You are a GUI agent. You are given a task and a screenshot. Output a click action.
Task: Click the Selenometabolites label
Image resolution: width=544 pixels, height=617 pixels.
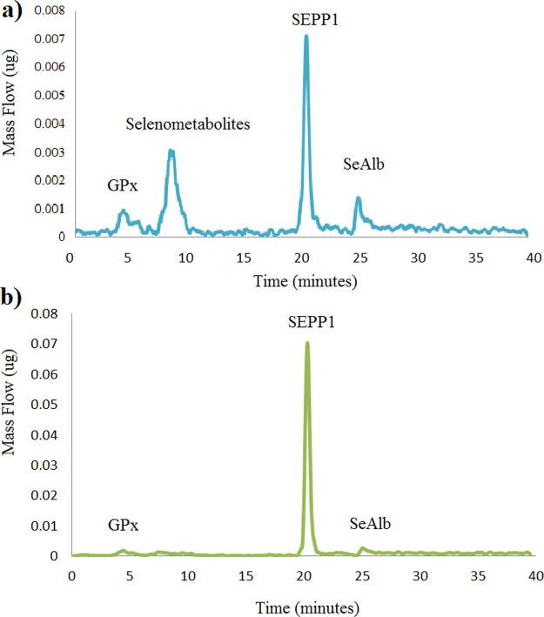click(x=187, y=124)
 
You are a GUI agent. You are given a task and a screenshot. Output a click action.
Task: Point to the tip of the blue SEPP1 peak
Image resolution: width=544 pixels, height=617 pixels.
click(x=306, y=37)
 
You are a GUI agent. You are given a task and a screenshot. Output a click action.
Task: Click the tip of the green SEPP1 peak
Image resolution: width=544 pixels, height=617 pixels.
click(x=306, y=343)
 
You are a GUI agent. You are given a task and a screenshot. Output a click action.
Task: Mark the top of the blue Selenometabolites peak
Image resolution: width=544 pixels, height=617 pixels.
click(x=171, y=151)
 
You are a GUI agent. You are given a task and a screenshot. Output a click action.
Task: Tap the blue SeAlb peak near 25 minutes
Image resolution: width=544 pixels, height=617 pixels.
click(x=358, y=198)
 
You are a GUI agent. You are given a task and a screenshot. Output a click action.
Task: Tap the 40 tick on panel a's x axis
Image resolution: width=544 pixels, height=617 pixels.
click(x=532, y=258)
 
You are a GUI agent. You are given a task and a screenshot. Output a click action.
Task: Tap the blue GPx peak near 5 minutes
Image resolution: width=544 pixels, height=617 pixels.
click(x=124, y=211)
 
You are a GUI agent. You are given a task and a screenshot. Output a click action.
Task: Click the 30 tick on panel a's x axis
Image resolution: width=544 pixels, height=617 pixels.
click(x=417, y=258)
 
